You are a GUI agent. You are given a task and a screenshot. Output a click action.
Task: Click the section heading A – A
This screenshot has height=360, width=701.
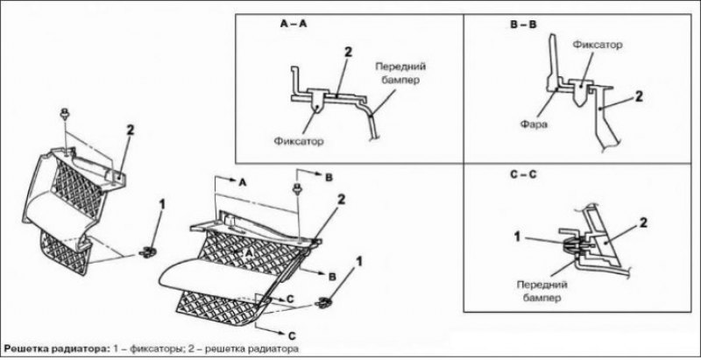294,25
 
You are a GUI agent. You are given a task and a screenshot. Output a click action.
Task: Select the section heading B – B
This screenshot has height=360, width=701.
523,25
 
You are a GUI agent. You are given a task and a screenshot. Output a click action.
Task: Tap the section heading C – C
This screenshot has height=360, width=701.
523,174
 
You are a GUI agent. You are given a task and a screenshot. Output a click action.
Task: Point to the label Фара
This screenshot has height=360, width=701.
534,124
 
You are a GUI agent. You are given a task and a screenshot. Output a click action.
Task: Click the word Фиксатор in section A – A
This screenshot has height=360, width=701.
299,142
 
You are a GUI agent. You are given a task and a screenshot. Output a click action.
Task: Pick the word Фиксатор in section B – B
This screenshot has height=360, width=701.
598,46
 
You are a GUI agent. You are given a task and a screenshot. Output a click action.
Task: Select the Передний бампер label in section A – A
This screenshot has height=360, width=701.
400,74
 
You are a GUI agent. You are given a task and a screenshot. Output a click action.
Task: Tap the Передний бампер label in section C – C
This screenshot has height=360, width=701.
542,291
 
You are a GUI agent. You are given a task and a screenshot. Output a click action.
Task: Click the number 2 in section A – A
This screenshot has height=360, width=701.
348,53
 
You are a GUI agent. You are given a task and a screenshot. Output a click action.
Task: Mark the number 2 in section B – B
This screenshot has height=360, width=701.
640,96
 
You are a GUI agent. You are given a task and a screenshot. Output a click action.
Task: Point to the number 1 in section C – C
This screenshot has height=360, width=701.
517,236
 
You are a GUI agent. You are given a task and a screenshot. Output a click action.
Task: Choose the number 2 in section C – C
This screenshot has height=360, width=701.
643,222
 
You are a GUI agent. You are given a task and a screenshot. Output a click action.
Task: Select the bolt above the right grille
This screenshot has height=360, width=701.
296,187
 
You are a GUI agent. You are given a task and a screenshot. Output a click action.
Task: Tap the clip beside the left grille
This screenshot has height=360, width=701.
147,252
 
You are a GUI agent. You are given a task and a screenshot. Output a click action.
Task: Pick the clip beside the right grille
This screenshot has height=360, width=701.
323,302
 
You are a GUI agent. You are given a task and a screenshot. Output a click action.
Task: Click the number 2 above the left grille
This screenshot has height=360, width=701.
130,131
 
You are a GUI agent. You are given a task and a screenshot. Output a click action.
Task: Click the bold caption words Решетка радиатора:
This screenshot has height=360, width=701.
56,349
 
